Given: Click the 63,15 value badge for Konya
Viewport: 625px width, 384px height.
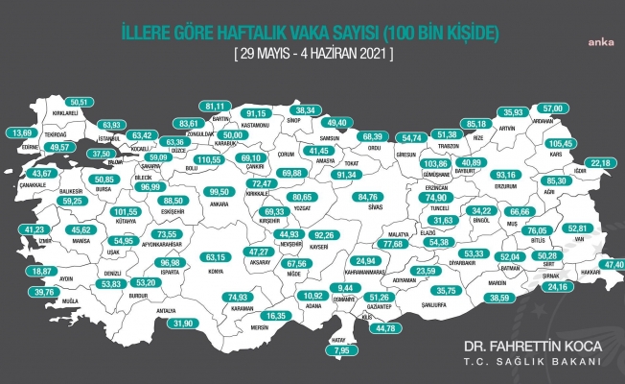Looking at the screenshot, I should coord(222,257).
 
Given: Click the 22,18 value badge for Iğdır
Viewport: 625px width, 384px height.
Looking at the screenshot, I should coord(600,163).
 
